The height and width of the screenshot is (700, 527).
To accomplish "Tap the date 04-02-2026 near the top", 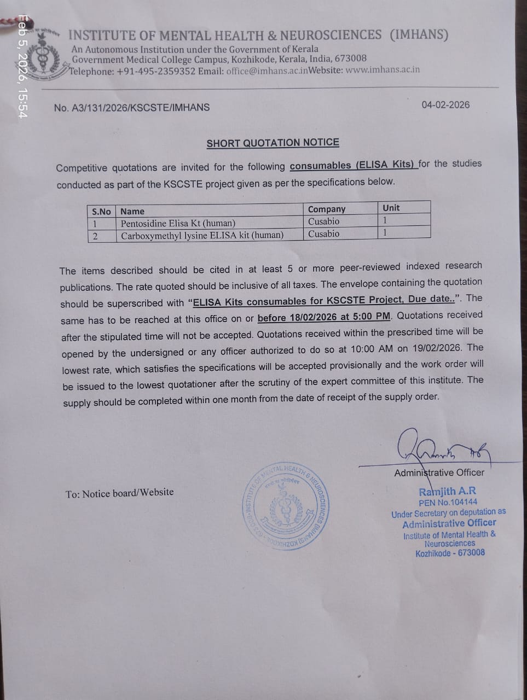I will coord(445,105).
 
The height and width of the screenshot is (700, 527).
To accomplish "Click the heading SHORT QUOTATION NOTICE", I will coord(273,143).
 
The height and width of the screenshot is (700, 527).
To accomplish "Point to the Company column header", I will coord(327,209).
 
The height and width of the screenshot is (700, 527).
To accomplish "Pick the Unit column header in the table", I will coord(391,208).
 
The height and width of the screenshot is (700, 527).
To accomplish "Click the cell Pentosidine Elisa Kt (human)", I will coord(178,223).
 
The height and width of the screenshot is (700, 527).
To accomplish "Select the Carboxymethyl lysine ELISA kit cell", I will coord(202,236).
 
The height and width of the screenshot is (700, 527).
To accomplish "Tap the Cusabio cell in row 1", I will coord(323,221).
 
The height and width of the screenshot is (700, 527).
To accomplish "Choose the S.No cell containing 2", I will coord(95,236).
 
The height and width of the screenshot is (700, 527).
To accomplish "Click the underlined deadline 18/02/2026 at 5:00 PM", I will coord(324,317).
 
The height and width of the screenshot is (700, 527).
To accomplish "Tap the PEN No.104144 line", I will coord(448,502).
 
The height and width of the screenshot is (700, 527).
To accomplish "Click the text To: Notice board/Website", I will coord(119,493).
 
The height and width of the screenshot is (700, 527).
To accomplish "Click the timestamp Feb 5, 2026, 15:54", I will coord(22,66).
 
